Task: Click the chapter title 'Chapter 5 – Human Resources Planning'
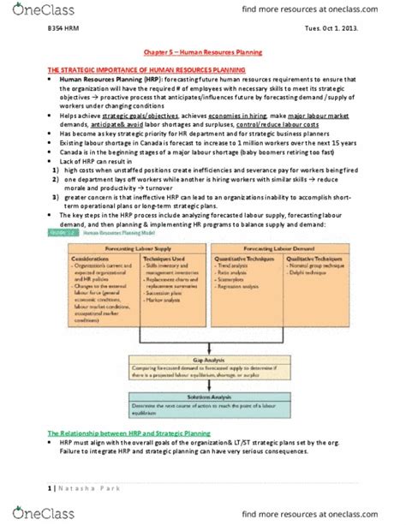pos(202,52)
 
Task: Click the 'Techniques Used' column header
pos(164,259)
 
